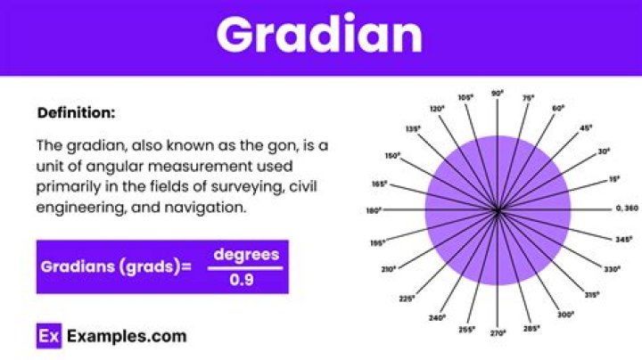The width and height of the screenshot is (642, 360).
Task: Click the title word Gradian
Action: [x=319, y=36]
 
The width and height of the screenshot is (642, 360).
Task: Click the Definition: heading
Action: [x=76, y=113]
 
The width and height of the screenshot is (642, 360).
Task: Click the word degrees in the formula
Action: [x=246, y=255]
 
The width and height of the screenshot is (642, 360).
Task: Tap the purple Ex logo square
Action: [x=48, y=336]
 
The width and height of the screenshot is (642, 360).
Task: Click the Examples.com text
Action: [x=125, y=336]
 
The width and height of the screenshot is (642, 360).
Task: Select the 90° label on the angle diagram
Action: [x=498, y=92]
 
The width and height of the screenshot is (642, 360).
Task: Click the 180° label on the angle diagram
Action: [x=374, y=211]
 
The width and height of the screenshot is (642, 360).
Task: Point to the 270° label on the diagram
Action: [x=498, y=332]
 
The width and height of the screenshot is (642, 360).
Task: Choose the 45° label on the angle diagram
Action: [x=586, y=127]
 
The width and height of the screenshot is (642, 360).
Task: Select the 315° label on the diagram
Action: [x=592, y=294]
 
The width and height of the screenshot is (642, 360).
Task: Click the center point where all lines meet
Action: [x=498, y=210]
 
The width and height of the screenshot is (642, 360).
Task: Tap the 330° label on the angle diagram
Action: [x=612, y=268]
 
